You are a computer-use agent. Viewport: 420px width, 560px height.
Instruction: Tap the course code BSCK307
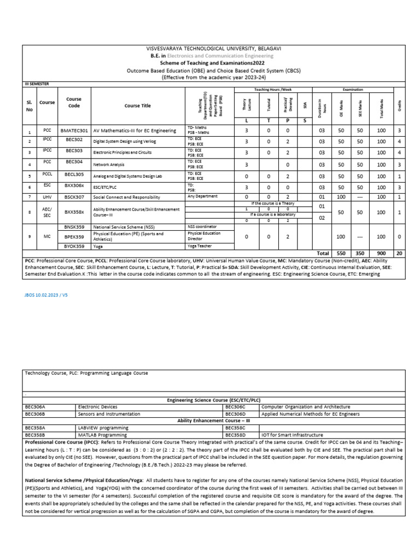click(74, 197)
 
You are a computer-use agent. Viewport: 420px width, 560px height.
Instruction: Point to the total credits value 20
click(400, 254)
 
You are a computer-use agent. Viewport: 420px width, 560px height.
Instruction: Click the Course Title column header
click(137, 106)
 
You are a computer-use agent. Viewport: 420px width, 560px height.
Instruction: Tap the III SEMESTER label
click(38, 84)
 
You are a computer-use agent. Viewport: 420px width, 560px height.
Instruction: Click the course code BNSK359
click(74, 226)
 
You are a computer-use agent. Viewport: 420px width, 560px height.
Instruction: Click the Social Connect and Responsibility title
click(127, 197)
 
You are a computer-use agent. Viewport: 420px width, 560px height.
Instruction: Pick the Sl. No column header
click(29, 106)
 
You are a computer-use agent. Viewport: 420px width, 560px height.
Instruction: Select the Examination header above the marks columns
click(353, 89)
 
